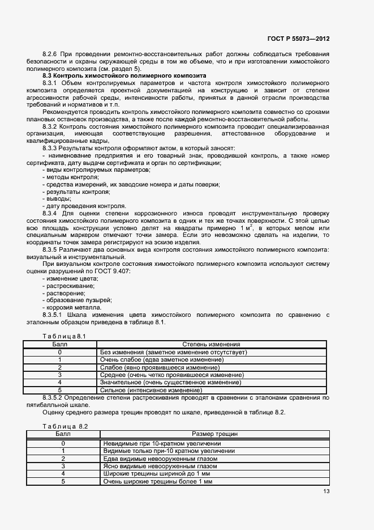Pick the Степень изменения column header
click(x=211, y=344)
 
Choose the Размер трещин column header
click(x=214, y=434)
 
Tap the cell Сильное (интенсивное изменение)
click(x=151, y=390)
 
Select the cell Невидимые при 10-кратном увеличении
click(x=162, y=443)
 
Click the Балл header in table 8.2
click(x=63, y=434)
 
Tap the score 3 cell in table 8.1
click(x=59, y=375)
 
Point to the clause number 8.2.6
click(x=50, y=53)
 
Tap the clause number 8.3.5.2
click(x=54, y=398)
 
